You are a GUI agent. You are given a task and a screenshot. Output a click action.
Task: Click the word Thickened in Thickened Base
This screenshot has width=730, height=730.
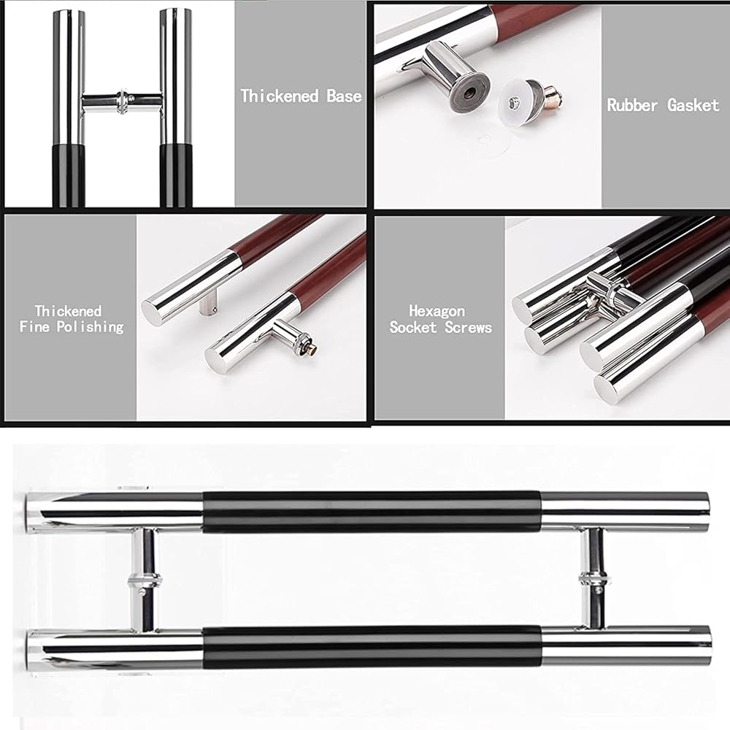280,96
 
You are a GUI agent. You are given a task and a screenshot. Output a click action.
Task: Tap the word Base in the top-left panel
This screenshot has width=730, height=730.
344,96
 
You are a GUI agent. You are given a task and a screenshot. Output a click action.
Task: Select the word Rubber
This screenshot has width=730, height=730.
632,104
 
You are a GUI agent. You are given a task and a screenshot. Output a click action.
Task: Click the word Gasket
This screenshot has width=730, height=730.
693,105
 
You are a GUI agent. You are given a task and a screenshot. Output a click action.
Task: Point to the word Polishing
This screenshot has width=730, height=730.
91,327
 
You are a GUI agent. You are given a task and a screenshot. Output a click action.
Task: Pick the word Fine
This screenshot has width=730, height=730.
34,326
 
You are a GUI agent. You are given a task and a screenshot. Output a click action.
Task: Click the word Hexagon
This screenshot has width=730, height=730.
437,311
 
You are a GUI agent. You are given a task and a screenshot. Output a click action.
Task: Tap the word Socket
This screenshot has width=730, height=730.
413,327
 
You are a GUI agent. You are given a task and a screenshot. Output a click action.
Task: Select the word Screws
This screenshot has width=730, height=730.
469,327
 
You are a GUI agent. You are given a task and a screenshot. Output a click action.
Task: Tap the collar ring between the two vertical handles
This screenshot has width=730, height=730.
123,101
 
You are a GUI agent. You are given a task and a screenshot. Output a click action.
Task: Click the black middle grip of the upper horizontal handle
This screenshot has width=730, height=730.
372,512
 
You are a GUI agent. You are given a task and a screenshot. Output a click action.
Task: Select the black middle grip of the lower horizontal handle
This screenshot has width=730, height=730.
372,647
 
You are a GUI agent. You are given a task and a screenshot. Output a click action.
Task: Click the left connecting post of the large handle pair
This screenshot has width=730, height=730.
145,580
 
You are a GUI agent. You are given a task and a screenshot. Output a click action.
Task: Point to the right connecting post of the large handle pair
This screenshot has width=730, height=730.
594,578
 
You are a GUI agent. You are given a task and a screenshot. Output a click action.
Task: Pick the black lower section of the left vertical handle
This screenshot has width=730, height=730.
69,175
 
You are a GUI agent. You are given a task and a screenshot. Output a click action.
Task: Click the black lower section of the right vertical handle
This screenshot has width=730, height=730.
176,175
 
